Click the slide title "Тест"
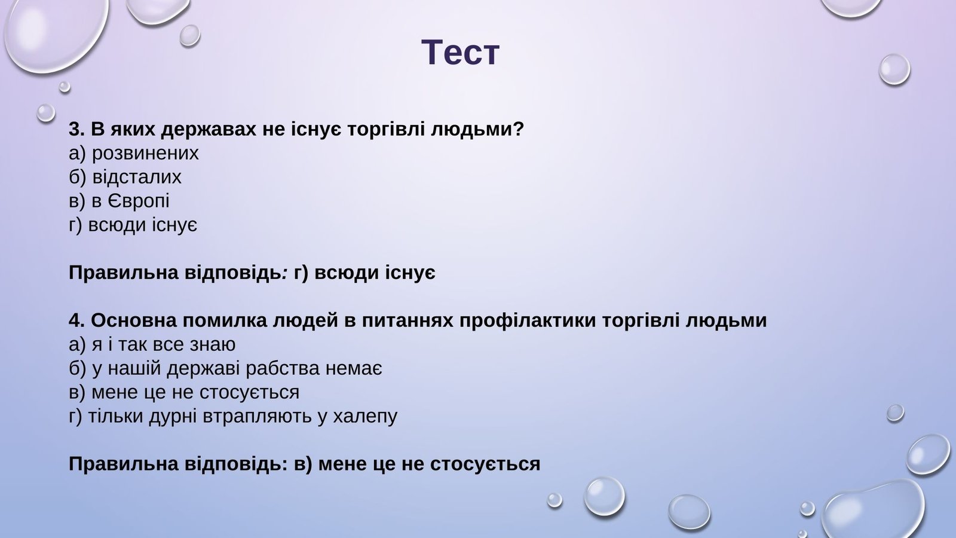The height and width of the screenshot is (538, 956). [460, 53]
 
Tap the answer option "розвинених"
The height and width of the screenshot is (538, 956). [145, 153]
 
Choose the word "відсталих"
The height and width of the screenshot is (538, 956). [137, 177]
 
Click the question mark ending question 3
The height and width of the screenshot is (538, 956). [518, 129]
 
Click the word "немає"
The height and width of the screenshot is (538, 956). [354, 369]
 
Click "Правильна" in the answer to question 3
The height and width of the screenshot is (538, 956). [123, 273]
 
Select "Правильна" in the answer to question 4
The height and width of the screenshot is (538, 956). [123, 464]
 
